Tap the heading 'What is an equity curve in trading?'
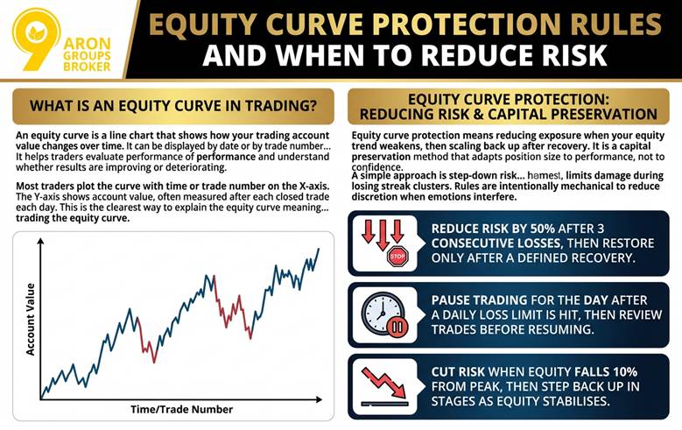(173, 106)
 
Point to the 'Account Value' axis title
(31, 319)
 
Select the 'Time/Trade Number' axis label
(182, 409)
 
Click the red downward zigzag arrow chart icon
(385, 383)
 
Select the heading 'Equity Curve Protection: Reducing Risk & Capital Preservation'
(514, 106)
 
